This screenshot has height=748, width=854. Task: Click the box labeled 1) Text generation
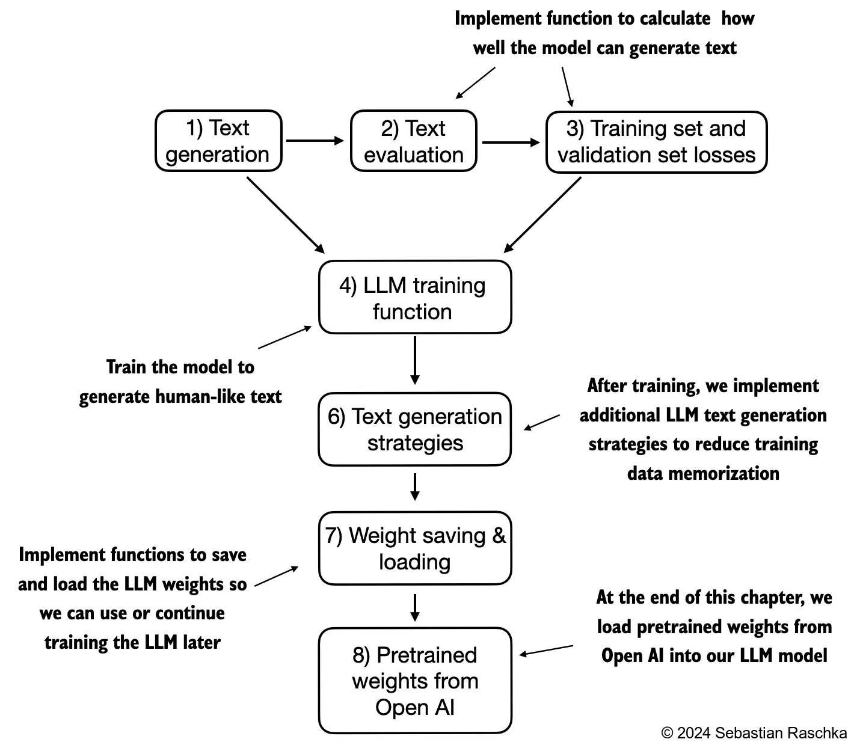(218, 141)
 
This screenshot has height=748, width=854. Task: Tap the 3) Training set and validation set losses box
(656, 142)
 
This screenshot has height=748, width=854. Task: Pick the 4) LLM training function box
(414, 298)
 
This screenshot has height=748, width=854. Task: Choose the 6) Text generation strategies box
(414, 429)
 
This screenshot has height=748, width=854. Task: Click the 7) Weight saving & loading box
(414, 548)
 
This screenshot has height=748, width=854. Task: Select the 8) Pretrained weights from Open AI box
(414, 681)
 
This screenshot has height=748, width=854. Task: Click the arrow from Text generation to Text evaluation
(315, 141)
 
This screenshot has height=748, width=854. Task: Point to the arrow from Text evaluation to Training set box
(511, 143)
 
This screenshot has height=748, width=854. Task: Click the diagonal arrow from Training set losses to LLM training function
(543, 215)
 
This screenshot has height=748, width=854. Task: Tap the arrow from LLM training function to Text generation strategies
(414, 360)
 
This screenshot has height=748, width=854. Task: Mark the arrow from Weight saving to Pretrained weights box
(414, 607)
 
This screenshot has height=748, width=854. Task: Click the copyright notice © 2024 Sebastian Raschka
(754, 733)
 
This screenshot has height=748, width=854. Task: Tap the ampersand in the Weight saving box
(499, 535)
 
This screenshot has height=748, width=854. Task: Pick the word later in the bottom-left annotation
(201, 642)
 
